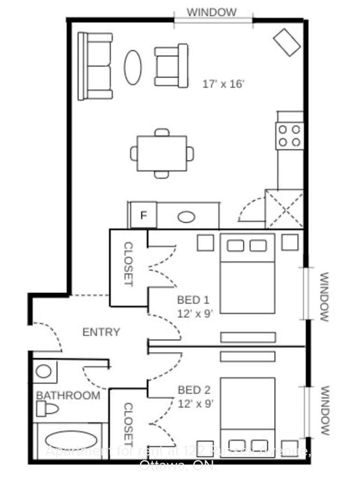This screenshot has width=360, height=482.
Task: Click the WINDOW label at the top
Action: pyautogui.click(x=212, y=12)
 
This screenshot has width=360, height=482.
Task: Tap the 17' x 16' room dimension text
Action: pyautogui.click(x=223, y=84)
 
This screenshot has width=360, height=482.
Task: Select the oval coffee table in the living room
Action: pyautogui.click(x=133, y=67)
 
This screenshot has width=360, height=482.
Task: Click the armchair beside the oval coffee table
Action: pyautogui.click(x=170, y=66)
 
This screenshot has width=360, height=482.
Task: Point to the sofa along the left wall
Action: pyautogui.click(x=95, y=66)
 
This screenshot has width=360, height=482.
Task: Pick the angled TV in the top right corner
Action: pyautogui.click(x=287, y=42)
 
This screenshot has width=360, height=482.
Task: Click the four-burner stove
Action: pyautogui.click(x=289, y=135)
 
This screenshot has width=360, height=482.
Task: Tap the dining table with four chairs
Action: pyautogui.click(x=162, y=153)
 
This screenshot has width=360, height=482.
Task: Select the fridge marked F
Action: pyautogui.click(x=144, y=215)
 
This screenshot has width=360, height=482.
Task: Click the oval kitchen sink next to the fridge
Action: pyautogui.click(x=186, y=217)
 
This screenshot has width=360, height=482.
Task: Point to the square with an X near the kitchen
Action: pyautogui.click(x=284, y=209)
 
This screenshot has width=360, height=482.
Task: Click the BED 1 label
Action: pyautogui.click(x=194, y=300)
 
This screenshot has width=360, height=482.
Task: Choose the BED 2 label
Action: pyautogui.click(x=195, y=391)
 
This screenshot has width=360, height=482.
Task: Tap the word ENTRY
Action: pyautogui.click(x=101, y=333)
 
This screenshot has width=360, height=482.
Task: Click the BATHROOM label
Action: pyautogui.click(x=68, y=396)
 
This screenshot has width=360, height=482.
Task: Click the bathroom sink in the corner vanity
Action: pyautogui.click(x=44, y=371)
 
